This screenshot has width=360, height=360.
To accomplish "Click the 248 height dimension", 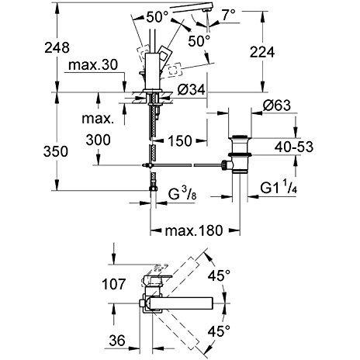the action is click(x=57, y=48).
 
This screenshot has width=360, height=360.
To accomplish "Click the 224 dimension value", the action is click(x=262, y=52).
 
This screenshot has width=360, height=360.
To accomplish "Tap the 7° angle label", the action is click(x=229, y=15).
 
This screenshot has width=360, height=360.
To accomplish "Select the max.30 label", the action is click(x=93, y=65).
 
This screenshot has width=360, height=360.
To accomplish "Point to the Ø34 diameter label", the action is click(x=192, y=89).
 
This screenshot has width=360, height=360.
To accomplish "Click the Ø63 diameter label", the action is click(x=277, y=106).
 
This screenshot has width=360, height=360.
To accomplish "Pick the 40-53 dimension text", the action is click(x=294, y=147).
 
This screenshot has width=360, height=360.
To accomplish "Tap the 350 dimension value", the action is click(x=56, y=151).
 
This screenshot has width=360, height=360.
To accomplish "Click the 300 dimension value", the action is click(x=98, y=140).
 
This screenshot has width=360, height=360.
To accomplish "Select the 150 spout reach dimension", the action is click(x=180, y=141).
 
